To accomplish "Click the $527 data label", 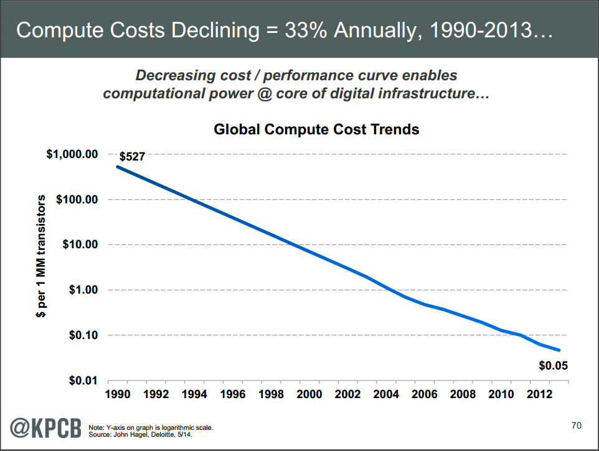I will (132, 157).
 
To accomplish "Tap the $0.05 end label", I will (553, 365).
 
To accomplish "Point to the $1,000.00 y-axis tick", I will (72, 154).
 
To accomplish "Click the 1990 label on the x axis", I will (118, 394).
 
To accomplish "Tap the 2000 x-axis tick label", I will (309, 394).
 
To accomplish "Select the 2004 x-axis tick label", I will (386, 394).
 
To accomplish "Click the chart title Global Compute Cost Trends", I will (316, 130).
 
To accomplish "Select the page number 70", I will (576, 425).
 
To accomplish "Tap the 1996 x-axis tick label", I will (233, 394).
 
